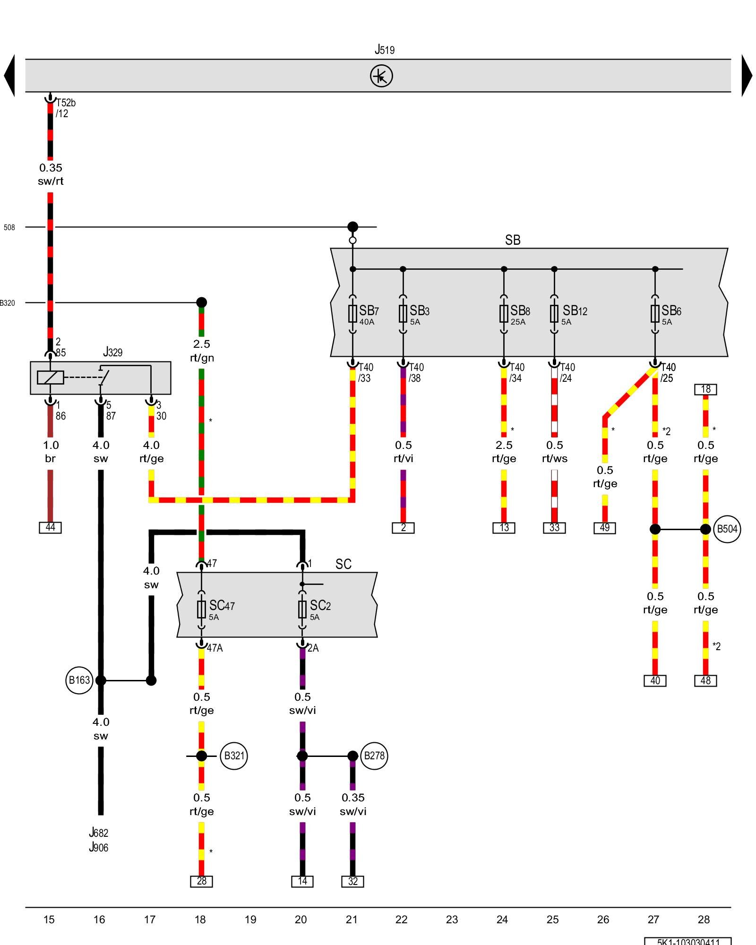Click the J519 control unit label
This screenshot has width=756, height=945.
click(x=385, y=50)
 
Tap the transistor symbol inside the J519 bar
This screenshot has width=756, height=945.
click(x=381, y=76)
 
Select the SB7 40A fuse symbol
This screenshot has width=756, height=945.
click(x=352, y=313)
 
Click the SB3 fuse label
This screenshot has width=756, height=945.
click(x=419, y=311)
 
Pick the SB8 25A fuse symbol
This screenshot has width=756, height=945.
click(x=504, y=313)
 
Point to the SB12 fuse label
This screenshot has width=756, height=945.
click(x=575, y=311)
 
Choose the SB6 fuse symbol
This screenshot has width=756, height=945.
click(x=655, y=313)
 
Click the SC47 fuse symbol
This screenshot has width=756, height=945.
click(x=201, y=609)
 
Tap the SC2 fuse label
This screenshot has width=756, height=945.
click(x=320, y=606)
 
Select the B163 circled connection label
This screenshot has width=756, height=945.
click(x=79, y=680)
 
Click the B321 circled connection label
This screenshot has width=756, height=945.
click(x=234, y=756)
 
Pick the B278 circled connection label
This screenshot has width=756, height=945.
click(x=374, y=756)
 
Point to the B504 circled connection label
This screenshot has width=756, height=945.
click(x=727, y=529)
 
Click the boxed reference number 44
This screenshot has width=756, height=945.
click(x=50, y=527)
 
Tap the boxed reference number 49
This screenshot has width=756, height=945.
click(x=605, y=528)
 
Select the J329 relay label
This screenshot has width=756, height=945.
click(x=112, y=352)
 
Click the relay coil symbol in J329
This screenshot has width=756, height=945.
click(x=50, y=378)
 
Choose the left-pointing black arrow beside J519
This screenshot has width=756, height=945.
click(x=9, y=76)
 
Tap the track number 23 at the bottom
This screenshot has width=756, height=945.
click(x=452, y=919)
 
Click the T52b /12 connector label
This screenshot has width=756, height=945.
click(x=65, y=108)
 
